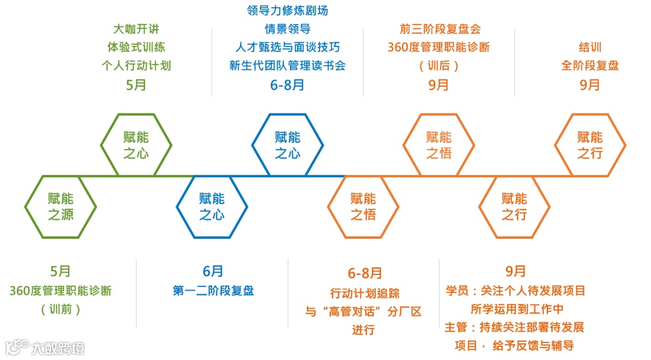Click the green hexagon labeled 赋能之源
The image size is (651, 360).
(60, 206)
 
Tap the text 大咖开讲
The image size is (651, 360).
(136, 29)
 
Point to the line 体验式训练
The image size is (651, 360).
(136, 47)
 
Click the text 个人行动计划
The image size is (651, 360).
(136, 65)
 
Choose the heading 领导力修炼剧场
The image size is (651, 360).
(288, 11)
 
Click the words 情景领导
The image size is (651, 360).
(288, 29)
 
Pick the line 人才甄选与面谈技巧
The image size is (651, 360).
(288, 47)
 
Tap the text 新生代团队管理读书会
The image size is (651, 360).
(288, 65)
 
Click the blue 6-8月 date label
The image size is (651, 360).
(288, 85)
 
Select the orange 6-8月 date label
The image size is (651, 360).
(364, 273)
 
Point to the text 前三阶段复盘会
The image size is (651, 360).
(439, 29)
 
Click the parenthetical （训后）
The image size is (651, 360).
(439, 66)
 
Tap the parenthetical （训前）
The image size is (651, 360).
(60, 309)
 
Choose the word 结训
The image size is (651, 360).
(590, 47)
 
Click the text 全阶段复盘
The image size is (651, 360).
(590, 65)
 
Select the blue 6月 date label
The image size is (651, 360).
(213, 271)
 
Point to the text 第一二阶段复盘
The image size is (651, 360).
(213, 291)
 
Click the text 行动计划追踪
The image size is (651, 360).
(364, 293)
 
